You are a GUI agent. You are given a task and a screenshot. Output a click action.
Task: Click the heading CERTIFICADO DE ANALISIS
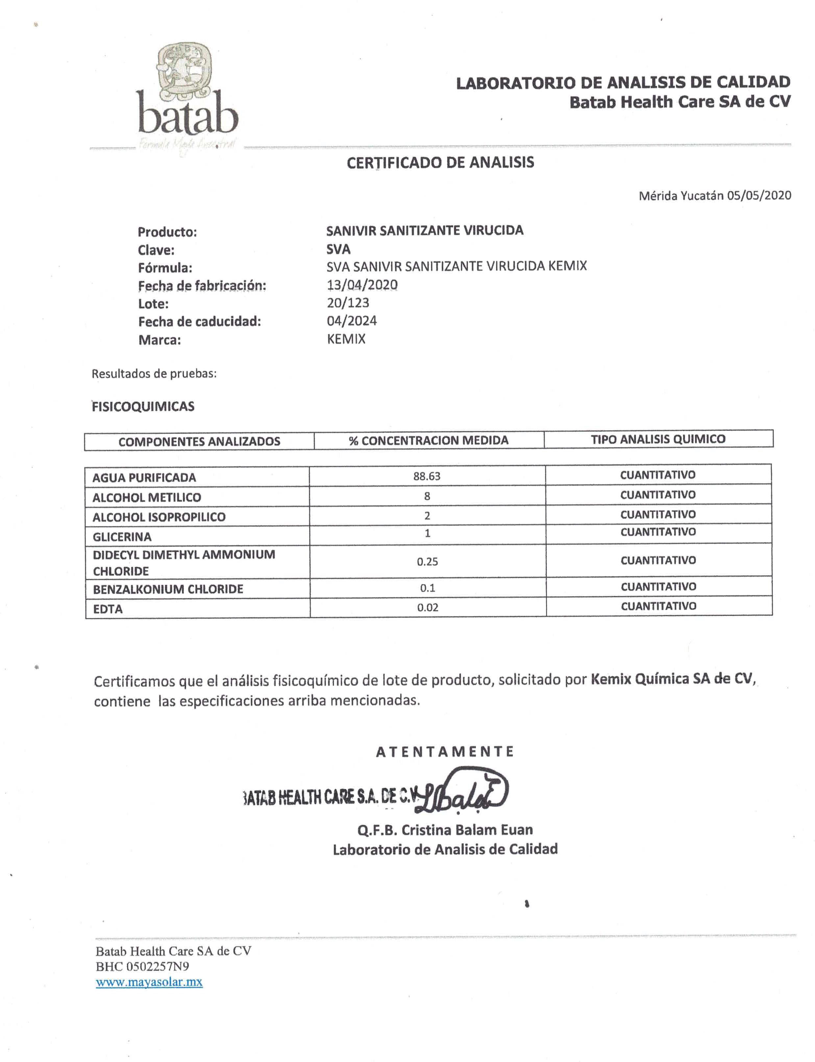pyautogui.click(x=440, y=162)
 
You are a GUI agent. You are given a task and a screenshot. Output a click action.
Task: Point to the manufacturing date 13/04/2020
pyautogui.click(x=362, y=285)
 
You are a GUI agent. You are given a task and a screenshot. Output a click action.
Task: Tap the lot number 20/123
pyautogui.click(x=348, y=303)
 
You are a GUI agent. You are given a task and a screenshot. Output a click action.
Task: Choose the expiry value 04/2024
pyautogui.click(x=352, y=321)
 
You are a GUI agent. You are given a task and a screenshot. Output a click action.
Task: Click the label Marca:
pyautogui.click(x=160, y=340)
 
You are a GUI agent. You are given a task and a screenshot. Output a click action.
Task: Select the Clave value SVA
pyautogui.click(x=338, y=249)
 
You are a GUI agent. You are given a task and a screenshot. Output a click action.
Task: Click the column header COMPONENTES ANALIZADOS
pyautogui.click(x=199, y=441)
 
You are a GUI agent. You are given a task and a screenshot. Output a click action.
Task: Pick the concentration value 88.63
pyautogui.click(x=427, y=476)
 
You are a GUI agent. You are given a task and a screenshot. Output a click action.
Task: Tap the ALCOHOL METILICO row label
pyautogui.click(x=146, y=497)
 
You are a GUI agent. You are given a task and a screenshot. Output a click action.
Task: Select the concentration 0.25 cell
pyautogui.click(x=427, y=562)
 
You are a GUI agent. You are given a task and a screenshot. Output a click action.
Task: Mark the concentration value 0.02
pyautogui.click(x=427, y=607)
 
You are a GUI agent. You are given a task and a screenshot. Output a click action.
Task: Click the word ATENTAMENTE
pyautogui.click(x=444, y=752)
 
